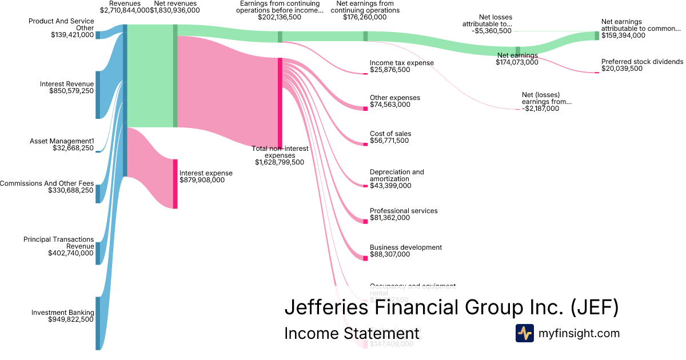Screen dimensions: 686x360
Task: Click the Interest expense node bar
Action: click(x=176, y=183)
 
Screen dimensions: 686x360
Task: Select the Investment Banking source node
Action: click(x=98, y=323)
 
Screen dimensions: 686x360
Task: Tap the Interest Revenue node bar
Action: click(x=98, y=95)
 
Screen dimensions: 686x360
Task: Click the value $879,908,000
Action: click(x=202, y=180)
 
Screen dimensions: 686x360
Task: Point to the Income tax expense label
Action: click(x=401, y=63)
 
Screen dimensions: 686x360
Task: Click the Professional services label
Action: click(x=404, y=211)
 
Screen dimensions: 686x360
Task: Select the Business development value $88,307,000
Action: click(x=389, y=254)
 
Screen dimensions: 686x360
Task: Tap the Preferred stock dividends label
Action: click(x=642, y=62)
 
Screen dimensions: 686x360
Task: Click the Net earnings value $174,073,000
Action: click(x=517, y=62)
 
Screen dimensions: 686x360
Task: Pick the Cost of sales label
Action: click(x=390, y=134)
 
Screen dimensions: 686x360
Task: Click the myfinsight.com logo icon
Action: click(x=524, y=333)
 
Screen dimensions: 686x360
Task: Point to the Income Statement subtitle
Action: click(x=352, y=333)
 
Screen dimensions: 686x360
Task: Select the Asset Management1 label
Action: click(x=62, y=141)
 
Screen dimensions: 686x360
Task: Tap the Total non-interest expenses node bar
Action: click(x=280, y=103)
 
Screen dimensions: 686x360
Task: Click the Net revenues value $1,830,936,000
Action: click(x=174, y=10)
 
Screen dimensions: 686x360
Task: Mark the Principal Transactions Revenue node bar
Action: click(x=98, y=253)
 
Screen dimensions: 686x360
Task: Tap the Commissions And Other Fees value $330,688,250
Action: click(x=71, y=191)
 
